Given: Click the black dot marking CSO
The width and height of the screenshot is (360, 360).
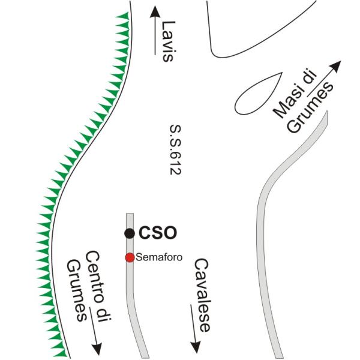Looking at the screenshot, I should pyautogui.click(x=129, y=233).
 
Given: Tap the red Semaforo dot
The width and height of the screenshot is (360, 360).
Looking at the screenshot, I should pyautogui.click(x=129, y=257).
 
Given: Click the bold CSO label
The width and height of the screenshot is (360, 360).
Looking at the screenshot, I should pyautogui.click(x=154, y=233).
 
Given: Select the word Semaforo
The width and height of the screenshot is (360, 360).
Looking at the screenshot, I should pyautogui.click(x=159, y=257).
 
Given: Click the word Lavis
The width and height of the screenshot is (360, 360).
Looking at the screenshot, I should pyautogui.click(x=169, y=42).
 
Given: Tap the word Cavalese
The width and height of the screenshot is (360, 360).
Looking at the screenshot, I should pyautogui.click(x=204, y=296).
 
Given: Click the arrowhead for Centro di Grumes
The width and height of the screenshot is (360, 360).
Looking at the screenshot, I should pyautogui.click(x=95, y=348).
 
